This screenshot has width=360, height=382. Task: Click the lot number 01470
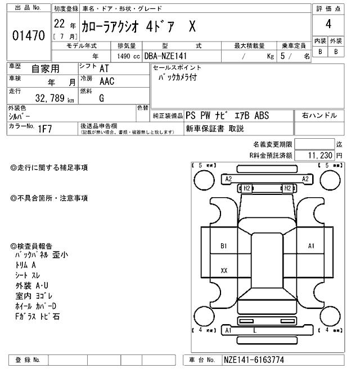click(28, 36)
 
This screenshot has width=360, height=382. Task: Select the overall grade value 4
click(328, 25)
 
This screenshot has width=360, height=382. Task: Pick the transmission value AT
click(105, 68)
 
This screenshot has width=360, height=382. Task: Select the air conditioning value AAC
click(106, 81)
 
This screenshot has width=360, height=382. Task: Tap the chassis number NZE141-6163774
click(254, 360)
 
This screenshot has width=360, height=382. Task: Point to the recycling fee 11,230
click(321, 154)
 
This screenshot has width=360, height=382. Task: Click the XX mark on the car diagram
click(224, 270)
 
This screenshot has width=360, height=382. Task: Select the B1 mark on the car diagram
click(223, 245)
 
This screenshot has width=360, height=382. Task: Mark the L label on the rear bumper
click(255, 330)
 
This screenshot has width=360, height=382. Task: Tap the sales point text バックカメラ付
click(177, 78)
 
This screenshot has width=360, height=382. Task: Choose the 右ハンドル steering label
click(319, 116)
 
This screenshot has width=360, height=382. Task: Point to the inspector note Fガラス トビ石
click(38, 317)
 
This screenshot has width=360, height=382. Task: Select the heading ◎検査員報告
click(31, 246)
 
